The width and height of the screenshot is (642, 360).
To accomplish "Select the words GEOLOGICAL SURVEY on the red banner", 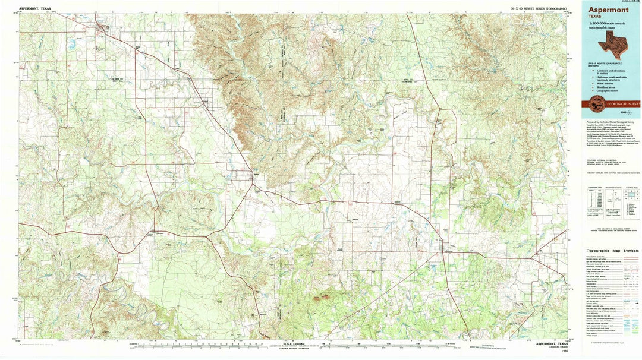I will [624, 104].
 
